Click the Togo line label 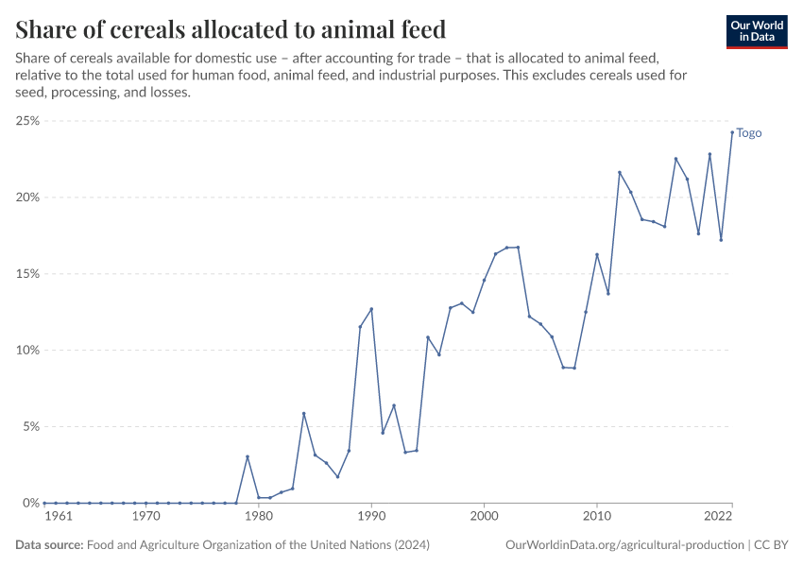749,133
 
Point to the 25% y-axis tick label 26,121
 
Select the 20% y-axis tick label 26,198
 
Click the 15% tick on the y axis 26,274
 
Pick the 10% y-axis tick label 26,351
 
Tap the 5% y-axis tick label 29,427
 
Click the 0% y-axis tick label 29,503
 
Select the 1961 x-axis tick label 57,517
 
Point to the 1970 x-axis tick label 145,517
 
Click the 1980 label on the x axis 259,517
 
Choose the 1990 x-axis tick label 371,517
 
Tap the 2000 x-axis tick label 484,517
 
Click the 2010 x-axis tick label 597,517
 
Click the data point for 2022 732,132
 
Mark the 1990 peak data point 371,309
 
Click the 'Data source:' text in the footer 49,545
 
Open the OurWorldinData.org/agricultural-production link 624,545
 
